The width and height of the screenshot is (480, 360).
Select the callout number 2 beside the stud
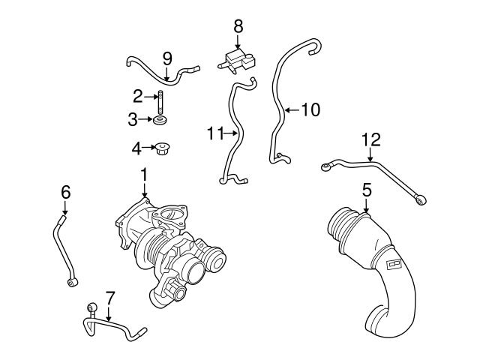point(138,96)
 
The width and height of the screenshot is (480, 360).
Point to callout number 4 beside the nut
point(137,148)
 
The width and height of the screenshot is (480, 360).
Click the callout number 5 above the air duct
point(366,190)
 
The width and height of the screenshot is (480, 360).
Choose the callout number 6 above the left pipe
point(65,193)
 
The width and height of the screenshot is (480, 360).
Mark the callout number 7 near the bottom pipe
point(109,298)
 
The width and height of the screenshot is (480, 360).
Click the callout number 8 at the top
point(238,25)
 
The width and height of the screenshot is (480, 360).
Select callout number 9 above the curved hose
point(167,57)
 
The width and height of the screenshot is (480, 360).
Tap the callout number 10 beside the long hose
point(310,110)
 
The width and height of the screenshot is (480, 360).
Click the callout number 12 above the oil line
point(371,139)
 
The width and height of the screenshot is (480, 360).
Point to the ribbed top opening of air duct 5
point(347,223)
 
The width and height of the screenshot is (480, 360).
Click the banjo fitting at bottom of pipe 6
point(71,281)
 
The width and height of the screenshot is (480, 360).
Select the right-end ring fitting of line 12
point(424,199)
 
